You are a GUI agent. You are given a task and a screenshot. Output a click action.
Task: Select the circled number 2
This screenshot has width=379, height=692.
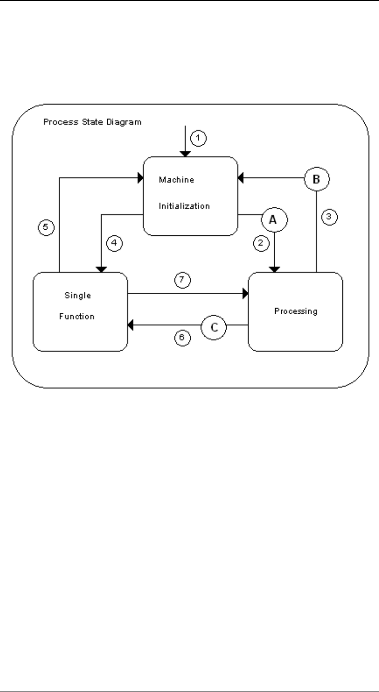[x=259, y=243]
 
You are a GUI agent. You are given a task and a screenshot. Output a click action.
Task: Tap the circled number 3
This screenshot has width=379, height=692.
[x=328, y=218]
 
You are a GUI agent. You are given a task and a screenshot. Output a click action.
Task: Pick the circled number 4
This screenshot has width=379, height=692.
[x=114, y=243]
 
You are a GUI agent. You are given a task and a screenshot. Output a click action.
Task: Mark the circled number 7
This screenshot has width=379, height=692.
[x=183, y=280]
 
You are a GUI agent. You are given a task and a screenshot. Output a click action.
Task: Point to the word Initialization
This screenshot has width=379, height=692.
[x=184, y=206]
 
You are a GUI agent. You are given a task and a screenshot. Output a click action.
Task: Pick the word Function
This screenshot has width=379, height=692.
[x=80, y=316]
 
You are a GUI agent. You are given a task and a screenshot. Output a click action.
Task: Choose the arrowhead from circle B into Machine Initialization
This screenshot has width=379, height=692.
[x=240, y=178]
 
